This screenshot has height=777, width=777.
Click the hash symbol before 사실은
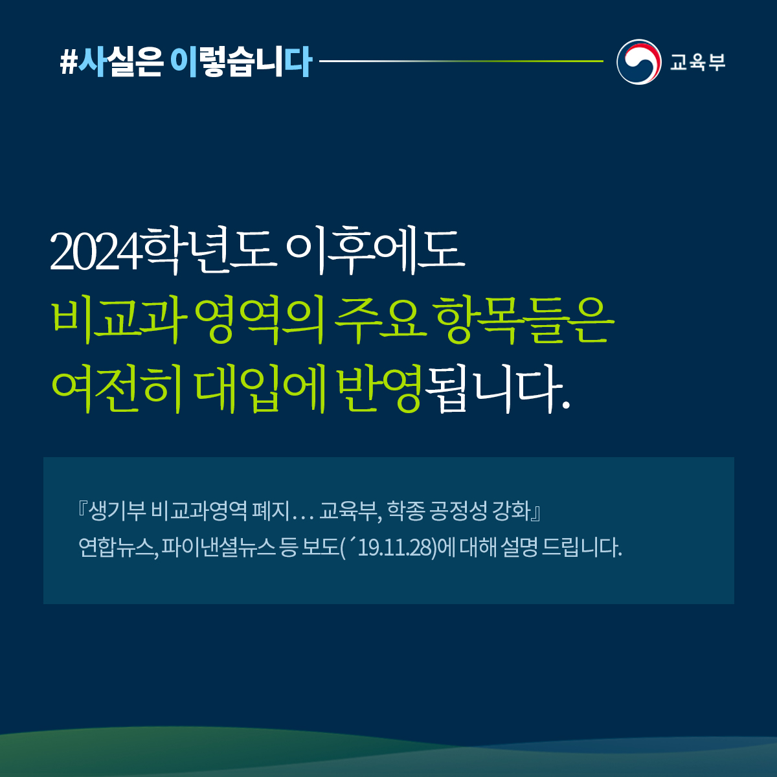(x=68, y=63)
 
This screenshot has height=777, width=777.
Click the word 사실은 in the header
(x=120, y=62)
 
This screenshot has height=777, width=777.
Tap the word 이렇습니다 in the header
(x=241, y=62)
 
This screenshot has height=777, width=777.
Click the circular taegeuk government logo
(x=638, y=62)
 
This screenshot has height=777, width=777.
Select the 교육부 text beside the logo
(x=697, y=62)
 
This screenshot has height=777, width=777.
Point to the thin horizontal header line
(x=461, y=62)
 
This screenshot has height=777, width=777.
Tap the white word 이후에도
(x=376, y=251)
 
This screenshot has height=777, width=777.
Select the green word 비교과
(x=118, y=321)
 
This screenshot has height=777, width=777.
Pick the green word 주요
(x=380, y=321)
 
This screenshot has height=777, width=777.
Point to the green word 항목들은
(x=525, y=321)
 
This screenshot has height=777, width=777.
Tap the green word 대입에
(x=261, y=390)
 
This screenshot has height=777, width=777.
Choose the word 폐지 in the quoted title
(x=270, y=512)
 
